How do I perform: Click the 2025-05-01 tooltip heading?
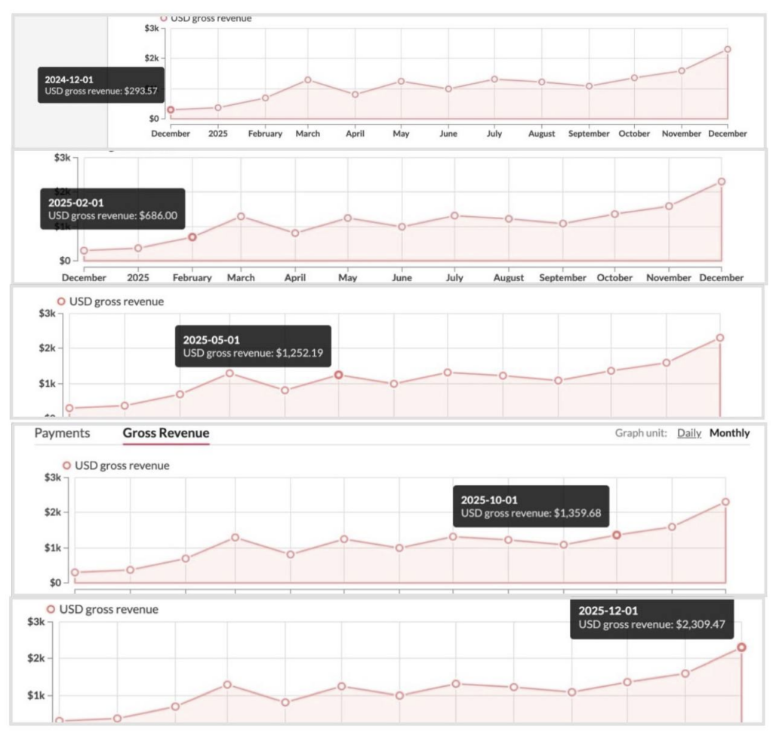click(x=211, y=339)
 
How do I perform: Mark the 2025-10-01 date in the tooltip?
click(x=489, y=499)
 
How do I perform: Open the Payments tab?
click(x=62, y=433)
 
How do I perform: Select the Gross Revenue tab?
click(x=166, y=433)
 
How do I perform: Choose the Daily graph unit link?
click(x=689, y=433)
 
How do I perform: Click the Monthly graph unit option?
click(x=729, y=433)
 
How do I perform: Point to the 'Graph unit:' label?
click(x=641, y=433)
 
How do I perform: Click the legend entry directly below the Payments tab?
click(x=116, y=465)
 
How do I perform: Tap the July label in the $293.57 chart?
click(x=494, y=134)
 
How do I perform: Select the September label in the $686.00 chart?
click(x=562, y=277)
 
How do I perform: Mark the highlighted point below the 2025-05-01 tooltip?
click(x=338, y=375)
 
